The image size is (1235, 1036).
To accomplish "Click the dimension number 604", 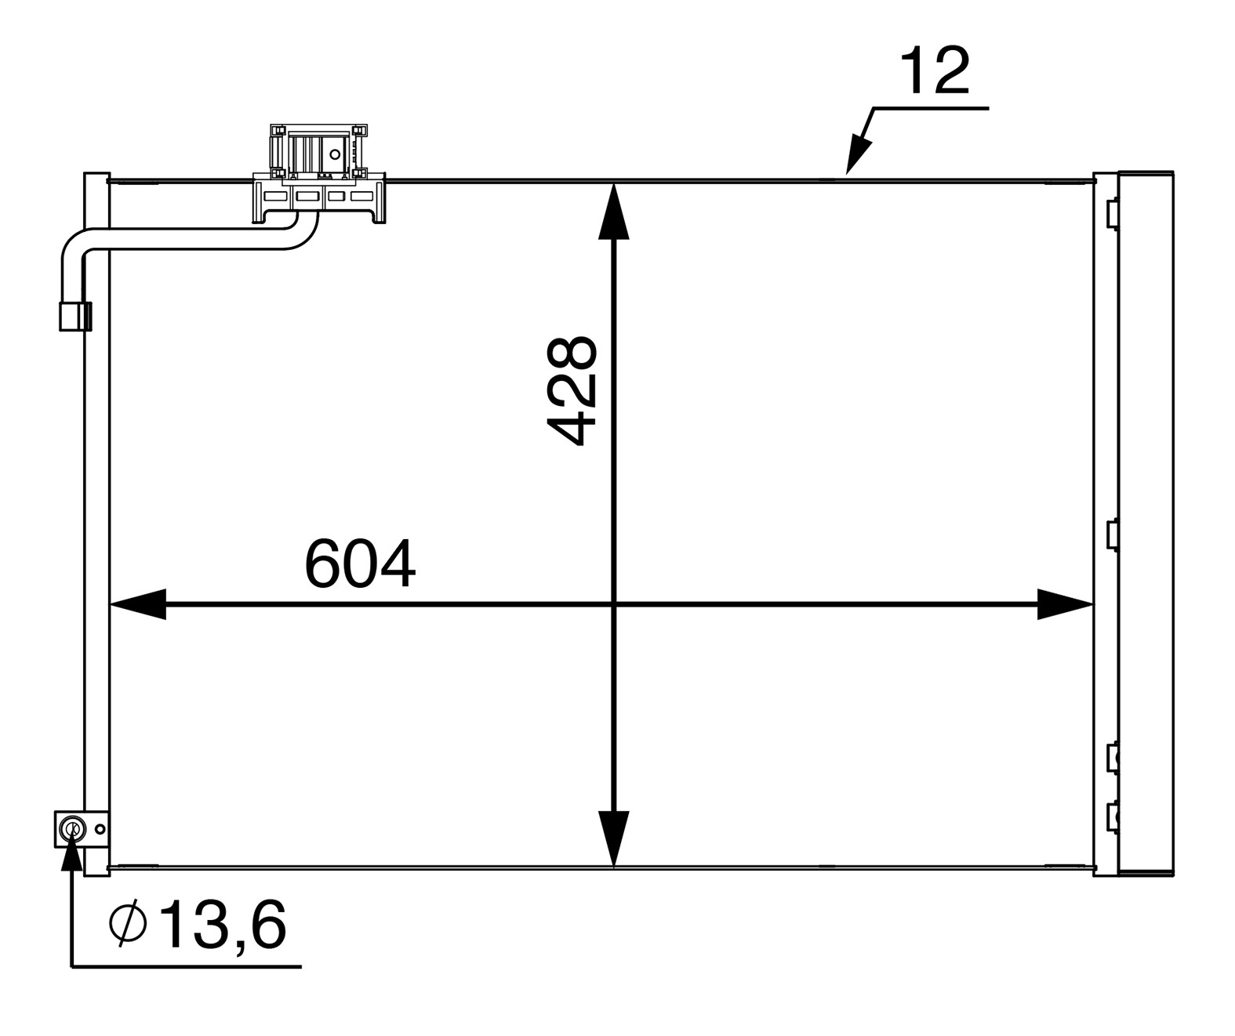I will click(x=360, y=564).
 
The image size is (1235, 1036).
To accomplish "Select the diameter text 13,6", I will click(x=223, y=926).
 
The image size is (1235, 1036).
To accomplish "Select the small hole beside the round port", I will click(x=100, y=829).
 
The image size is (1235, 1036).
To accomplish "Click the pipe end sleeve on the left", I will click(x=75, y=315).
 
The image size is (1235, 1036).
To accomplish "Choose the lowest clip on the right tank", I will click(x=1112, y=817).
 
